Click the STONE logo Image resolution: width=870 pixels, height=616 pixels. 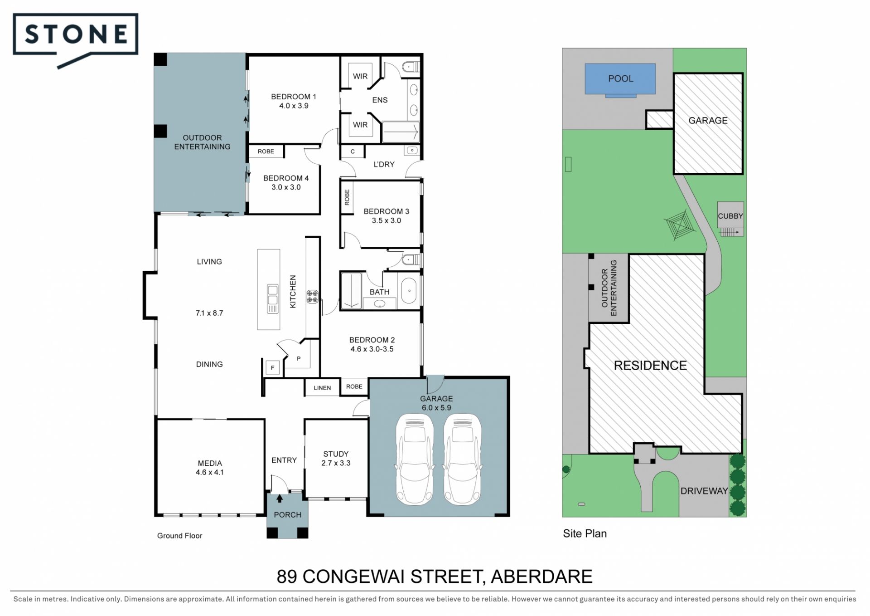pos(76,35)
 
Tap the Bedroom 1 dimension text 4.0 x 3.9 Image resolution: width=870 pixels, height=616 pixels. pos(294,106)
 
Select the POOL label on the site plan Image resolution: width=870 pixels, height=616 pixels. pos(620,78)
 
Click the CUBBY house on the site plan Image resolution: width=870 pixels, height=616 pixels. pos(730,216)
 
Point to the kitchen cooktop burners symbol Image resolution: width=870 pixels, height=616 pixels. pos(313,297)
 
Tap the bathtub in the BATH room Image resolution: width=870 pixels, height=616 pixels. pos(409,290)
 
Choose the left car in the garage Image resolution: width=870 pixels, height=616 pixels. pos(415,459)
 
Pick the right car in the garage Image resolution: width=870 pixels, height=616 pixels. pos(462,459)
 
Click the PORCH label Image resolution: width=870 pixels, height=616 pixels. pos(287,515)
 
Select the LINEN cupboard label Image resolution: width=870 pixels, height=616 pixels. pos(322,388)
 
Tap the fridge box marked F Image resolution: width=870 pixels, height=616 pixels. pos(272,368)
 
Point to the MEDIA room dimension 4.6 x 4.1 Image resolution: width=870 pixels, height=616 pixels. pos(210,472)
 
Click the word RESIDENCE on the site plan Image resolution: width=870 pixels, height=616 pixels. pos(650,366)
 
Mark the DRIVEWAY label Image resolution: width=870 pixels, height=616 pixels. pos(704,491)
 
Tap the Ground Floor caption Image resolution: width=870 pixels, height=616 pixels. pos(179,536)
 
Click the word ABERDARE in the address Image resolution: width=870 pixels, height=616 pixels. pos(541,577)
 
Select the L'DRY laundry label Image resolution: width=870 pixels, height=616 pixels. pos(384,164)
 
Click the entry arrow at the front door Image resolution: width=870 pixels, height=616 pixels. pos(280,499)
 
